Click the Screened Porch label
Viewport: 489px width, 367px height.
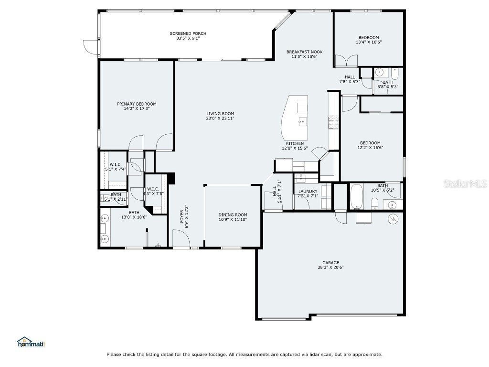(x=188, y=33)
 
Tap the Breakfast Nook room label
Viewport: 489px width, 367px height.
(x=304, y=52)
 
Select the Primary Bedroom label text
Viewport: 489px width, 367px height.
(x=137, y=104)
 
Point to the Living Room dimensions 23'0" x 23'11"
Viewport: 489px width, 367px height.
(x=220, y=118)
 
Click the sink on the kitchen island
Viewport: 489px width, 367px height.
(x=301, y=121)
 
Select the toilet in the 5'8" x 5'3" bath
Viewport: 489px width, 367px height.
(x=395, y=73)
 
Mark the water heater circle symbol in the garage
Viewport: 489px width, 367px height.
(x=393, y=219)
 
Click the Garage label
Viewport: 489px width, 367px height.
(x=330, y=262)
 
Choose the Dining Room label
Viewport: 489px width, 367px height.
(x=233, y=215)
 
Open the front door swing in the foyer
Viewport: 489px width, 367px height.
(x=179, y=237)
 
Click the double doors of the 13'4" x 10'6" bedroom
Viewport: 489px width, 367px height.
(x=346, y=61)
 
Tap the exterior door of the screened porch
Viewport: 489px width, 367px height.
(x=89, y=46)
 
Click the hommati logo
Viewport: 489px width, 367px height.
(x=31, y=342)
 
